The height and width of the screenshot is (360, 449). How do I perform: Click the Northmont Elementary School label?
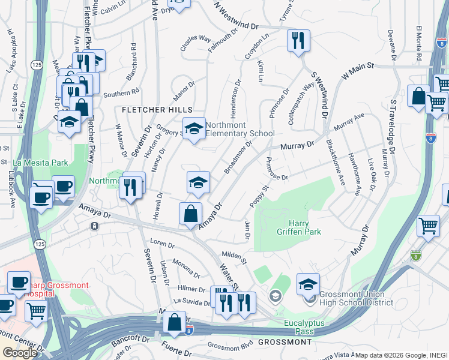tap(240, 129)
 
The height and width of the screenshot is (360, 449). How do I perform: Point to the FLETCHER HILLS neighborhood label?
tap(157, 110)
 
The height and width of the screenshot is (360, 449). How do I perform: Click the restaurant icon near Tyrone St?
tap(298, 41)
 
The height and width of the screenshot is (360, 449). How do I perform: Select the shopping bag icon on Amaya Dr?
tap(190, 214)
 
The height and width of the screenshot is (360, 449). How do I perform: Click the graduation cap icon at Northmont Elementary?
tap(194, 128)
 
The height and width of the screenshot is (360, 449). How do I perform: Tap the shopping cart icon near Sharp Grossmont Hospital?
tap(37, 312)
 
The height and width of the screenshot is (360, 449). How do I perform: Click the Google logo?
tap(20, 353)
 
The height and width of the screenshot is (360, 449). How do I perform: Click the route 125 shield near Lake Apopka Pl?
tap(37, 64)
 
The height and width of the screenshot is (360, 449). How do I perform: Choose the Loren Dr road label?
tap(161, 245)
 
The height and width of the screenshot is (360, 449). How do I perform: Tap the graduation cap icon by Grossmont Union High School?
tap(308, 284)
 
